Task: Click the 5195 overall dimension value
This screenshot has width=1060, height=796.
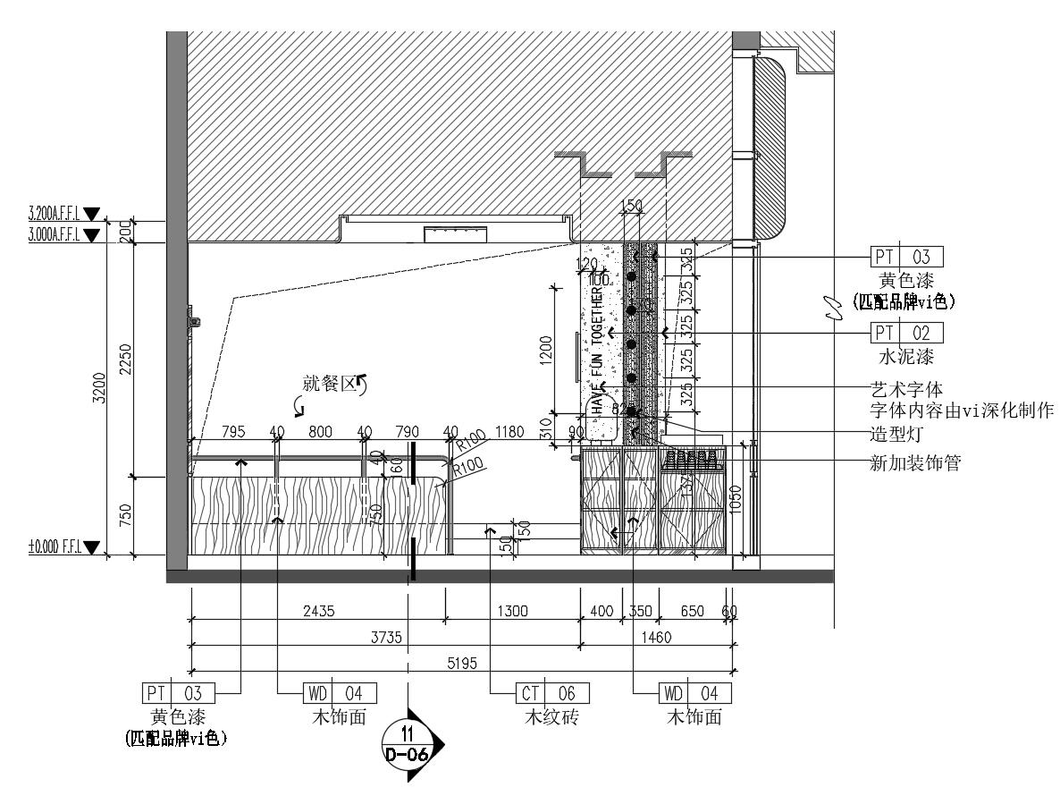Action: pyautogui.click(x=461, y=663)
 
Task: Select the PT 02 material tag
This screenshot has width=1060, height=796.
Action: pyautogui.click(x=907, y=334)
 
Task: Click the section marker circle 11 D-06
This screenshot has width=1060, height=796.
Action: pyautogui.click(x=407, y=741)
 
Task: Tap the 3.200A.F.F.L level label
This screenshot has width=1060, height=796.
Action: pyautogui.click(x=55, y=214)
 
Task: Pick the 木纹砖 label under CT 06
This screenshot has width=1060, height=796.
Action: pyautogui.click(x=552, y=717)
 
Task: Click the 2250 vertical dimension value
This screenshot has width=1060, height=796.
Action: pyautogui.click(x=126, y=358)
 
